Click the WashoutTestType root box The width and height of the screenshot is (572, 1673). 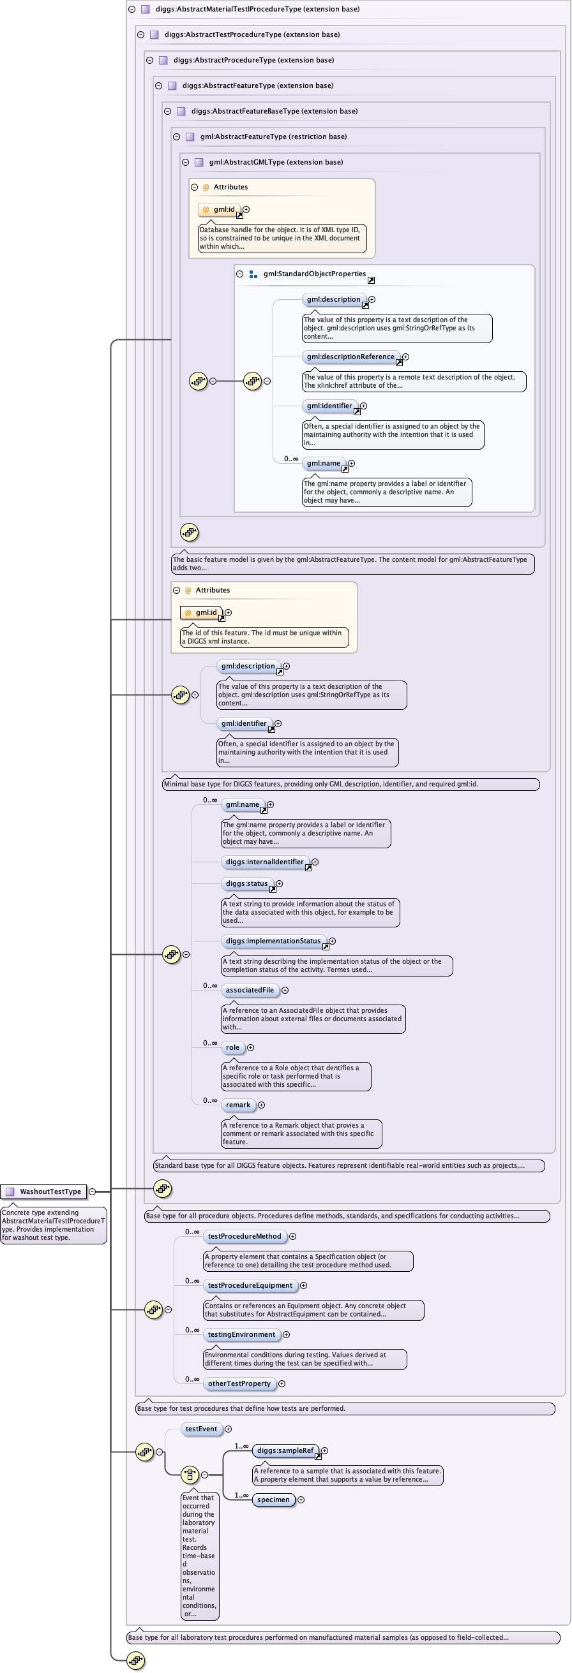point(44,1191)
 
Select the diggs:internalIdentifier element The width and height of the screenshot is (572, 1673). point(264,862)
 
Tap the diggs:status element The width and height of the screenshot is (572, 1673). point(246,883)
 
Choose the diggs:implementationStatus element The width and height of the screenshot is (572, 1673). point(273,940)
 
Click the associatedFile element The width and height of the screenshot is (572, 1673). point(250,990)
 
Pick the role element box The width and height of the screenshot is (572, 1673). point(233,1047)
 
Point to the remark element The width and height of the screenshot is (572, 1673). point(238,1104)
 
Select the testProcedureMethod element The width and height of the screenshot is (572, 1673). point(245,1236)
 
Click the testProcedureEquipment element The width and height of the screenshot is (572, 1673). point(250,1285)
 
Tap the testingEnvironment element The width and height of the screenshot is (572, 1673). point(241,1334)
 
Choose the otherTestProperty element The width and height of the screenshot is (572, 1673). point(239,1383)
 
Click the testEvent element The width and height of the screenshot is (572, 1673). point(201,1429)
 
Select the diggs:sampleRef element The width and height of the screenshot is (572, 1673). point(285,1450)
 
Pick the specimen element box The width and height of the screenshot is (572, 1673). point(273,1500)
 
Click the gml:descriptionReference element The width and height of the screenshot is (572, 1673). point(350,357)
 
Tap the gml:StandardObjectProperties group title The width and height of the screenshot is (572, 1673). point(315,274)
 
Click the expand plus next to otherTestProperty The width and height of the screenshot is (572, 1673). point(282,1383)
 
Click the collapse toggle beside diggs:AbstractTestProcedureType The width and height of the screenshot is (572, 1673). point(140,34)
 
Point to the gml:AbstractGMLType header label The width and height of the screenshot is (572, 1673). point(276,162)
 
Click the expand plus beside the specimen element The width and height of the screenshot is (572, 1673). point(300,1500)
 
